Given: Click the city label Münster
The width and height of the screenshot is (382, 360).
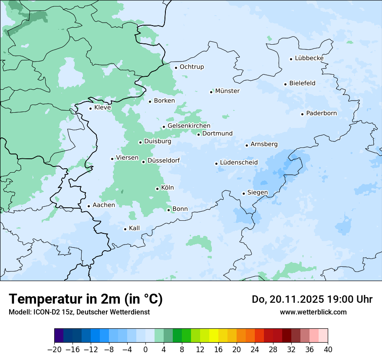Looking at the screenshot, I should (x=227, y=91).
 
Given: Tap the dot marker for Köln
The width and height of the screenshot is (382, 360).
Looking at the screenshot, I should (x=157, y=189).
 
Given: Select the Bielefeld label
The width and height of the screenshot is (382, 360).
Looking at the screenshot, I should (x=302, y=83).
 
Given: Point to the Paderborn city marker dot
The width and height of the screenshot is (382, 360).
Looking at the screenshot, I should (x=302, y=114).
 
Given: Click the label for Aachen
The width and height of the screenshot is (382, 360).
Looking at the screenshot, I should (x=104, y=205).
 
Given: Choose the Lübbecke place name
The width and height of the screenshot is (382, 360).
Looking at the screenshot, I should (x=309, y=58).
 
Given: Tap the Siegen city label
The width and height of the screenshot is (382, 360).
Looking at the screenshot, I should (x=257, y=193).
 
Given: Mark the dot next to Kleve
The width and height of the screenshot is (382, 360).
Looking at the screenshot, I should (x=90, y=108).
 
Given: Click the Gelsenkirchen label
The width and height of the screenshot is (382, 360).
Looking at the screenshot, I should (x=189, y=126).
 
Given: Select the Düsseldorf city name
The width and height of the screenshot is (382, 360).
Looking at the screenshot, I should (x=164, y=161).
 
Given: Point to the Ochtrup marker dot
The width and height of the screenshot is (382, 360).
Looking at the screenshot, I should (x=176, y=67).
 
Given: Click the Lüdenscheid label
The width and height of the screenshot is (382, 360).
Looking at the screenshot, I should (x=239, y=163).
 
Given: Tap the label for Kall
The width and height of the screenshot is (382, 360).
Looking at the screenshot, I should (x=135, y=228).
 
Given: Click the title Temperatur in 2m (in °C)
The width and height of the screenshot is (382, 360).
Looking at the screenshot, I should (x=86, y=299).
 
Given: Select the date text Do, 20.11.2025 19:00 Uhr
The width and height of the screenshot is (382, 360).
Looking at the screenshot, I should (x=312, y=299).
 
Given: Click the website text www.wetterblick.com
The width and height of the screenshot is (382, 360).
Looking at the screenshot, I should (x=313, y=312).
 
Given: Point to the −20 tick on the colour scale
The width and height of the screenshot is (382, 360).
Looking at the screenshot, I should (x=54, y=350).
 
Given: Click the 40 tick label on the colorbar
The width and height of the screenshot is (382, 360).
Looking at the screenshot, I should (x=328, y=350).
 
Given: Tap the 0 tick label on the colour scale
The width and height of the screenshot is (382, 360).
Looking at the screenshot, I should (x=145, y=350).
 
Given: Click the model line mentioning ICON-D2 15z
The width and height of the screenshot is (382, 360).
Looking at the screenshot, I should (x=79, y=312).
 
